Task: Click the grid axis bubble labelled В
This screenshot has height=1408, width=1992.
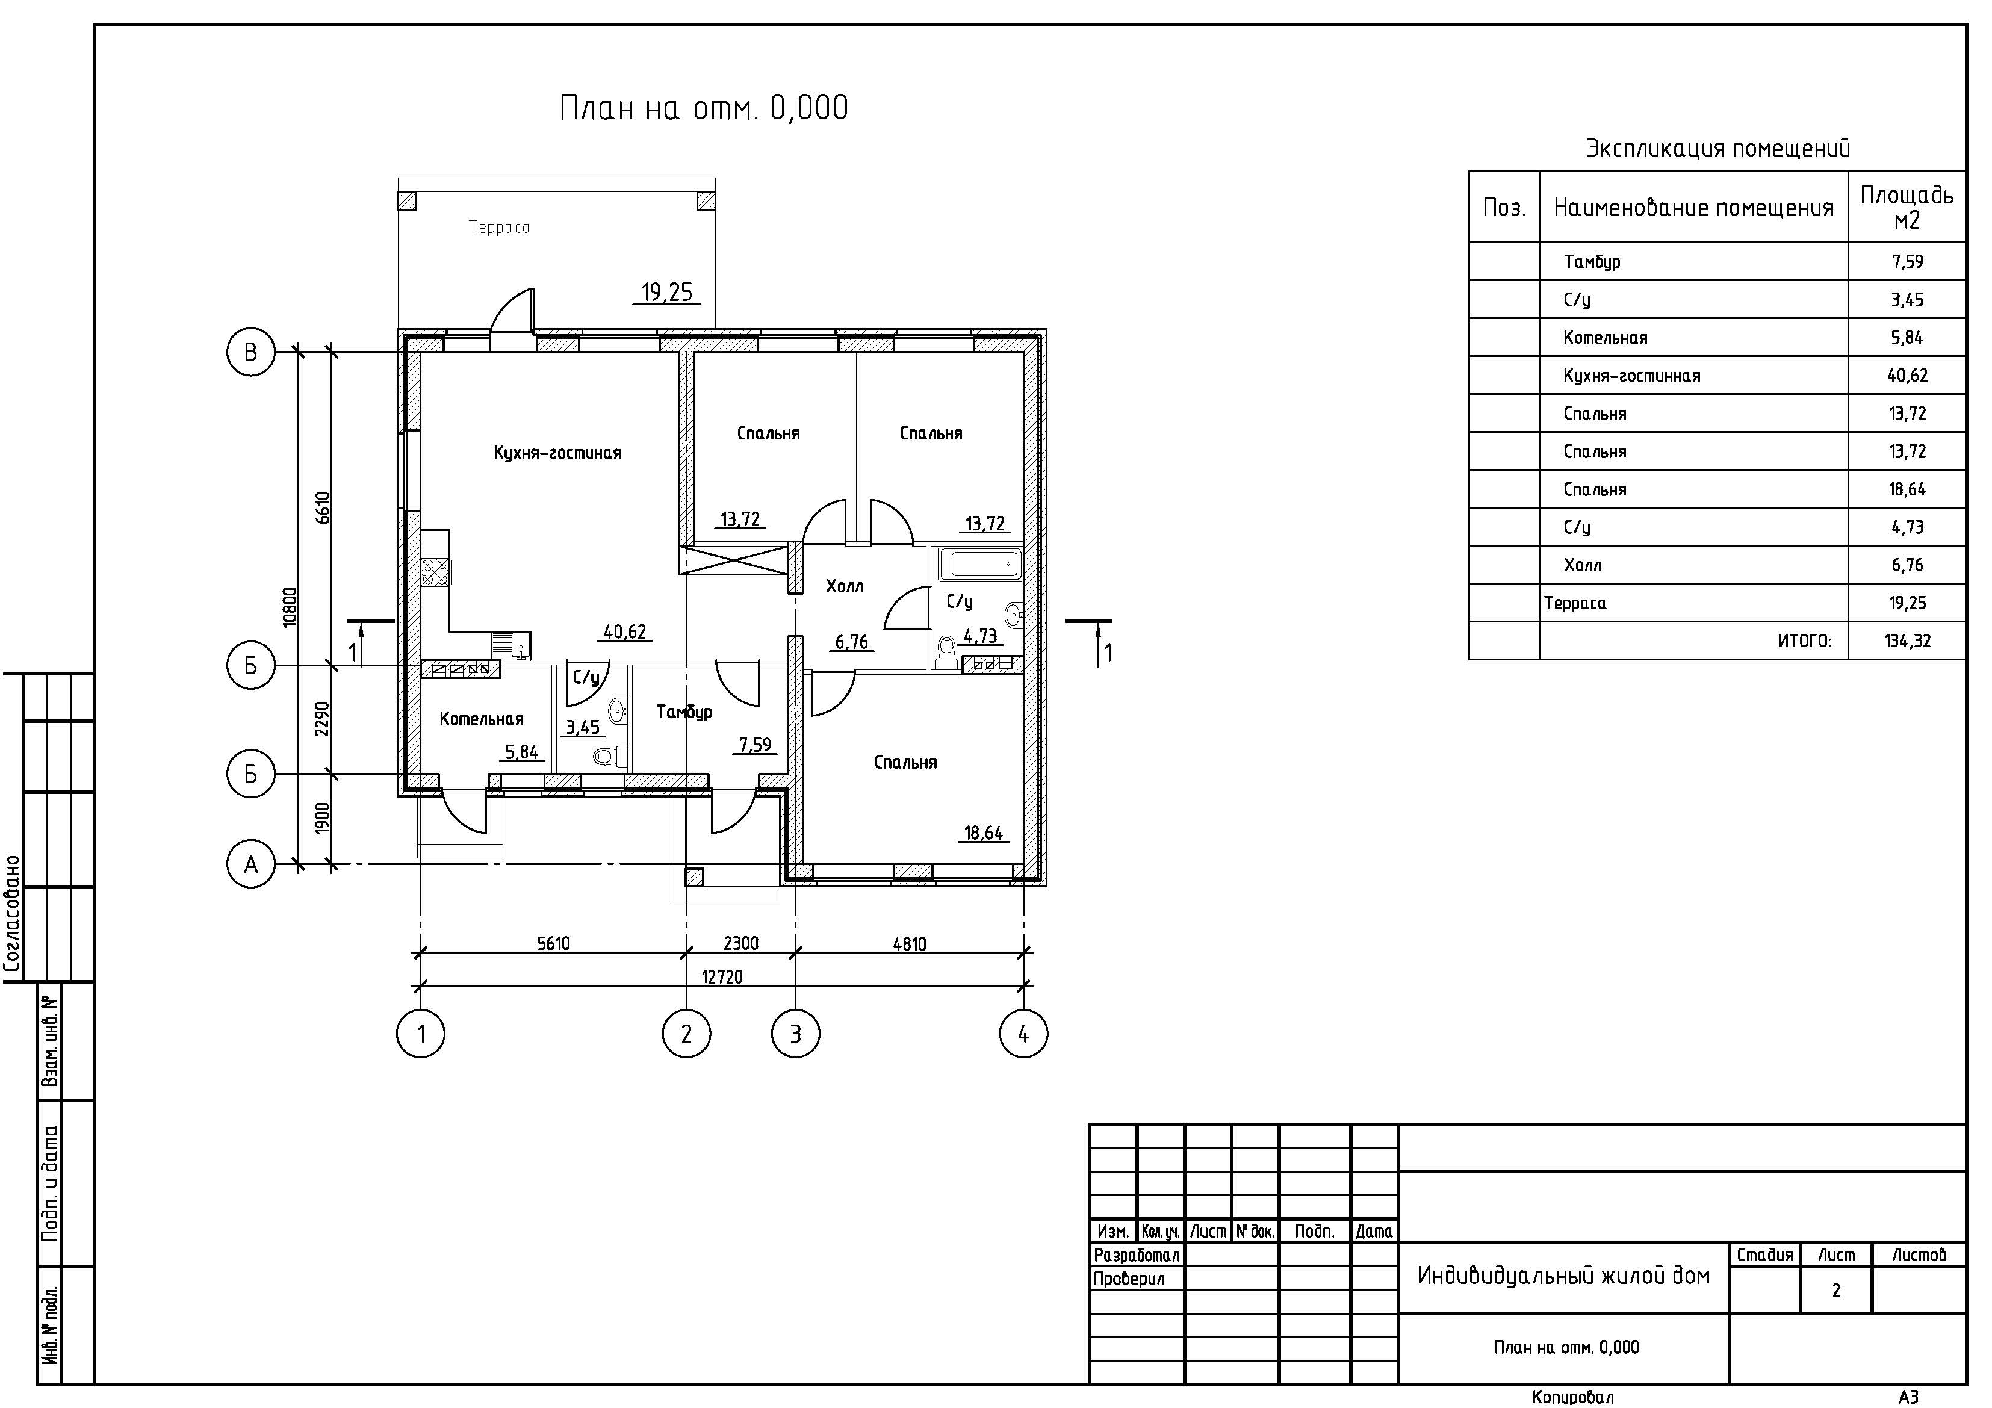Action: click(251, 352)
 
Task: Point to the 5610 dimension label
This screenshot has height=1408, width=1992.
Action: click(553, 943)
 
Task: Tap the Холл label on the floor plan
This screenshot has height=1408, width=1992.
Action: click(844, 586)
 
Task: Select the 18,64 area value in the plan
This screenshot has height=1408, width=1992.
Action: click(983, 833)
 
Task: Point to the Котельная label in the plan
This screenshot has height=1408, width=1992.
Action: click(482, 718)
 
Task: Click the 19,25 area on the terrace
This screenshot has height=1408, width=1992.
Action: click(666, 293)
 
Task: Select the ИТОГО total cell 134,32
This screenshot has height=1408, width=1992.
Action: click(1907, 641)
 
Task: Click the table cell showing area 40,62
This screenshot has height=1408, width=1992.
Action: click(1907, 376)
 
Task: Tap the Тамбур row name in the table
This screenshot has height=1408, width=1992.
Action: click(1591, 262)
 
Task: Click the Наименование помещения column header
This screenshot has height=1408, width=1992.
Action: click(1693, 207)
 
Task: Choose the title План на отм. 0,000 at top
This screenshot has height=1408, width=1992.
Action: click(704, 108)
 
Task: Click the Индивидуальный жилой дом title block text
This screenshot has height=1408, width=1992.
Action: click(1563, 1276)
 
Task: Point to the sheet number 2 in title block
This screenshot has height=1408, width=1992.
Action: click(1836, 1290)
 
